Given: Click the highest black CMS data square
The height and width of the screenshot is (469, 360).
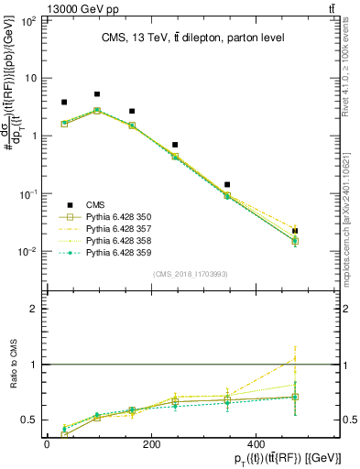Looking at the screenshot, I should point(97,93).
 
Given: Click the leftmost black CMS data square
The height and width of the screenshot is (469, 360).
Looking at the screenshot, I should point(64,103).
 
